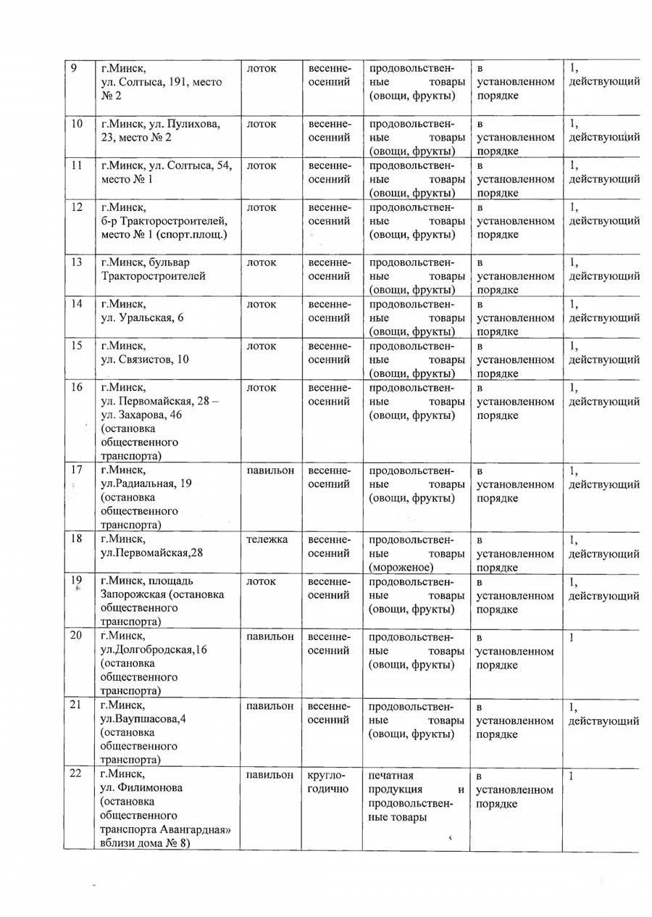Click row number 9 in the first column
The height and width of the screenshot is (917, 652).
75,69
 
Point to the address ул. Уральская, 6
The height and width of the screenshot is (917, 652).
144,318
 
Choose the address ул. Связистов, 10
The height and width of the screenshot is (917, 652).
144,359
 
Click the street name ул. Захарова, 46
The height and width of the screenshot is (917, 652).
141,415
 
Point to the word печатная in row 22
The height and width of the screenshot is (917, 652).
391,775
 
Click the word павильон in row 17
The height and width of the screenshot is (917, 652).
270,470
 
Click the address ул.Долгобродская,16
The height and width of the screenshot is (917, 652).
154,650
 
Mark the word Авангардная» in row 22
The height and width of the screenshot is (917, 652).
194,829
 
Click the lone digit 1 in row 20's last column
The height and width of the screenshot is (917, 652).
571,637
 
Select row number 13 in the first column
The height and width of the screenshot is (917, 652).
76,262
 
